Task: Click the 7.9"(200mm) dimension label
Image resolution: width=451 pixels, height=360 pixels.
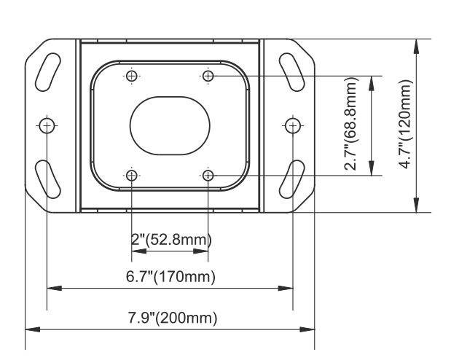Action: (172, 318)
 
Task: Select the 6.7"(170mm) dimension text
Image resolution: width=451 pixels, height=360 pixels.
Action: (170, 276)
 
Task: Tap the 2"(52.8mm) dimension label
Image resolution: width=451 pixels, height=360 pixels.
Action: (171, 240)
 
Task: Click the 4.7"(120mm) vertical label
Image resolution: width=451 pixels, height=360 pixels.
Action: (406, 124)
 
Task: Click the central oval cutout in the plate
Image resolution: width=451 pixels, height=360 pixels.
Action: (170, 126)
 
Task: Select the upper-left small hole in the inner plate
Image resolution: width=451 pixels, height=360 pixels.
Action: (132, 77)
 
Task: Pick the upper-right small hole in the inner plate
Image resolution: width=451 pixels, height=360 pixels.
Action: (208, 77)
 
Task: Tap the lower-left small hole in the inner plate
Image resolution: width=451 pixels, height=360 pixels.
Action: (132, 175)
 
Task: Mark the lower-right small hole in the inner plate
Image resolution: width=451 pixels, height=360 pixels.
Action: (208, 175)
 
